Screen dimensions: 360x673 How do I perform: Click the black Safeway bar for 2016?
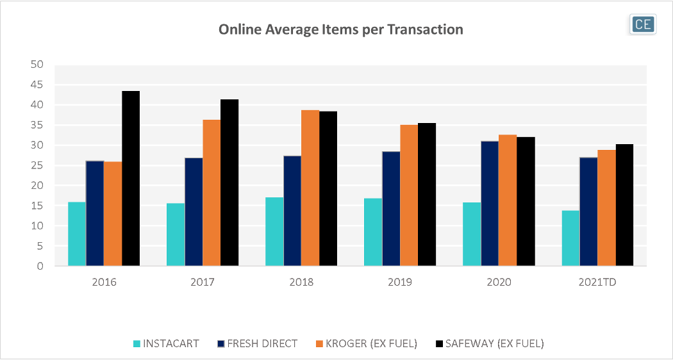pyautogui.click(x=131, y=179)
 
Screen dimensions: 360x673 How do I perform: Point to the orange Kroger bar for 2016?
pyautogui.click(x=113, y=214)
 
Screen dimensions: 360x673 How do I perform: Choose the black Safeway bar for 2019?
pyautogui.click(x=427, y=195)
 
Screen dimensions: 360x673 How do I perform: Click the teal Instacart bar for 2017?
pyautogui.click(x=176, y=234)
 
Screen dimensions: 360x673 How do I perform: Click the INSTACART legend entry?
pyautogui.click(x=165, y=343)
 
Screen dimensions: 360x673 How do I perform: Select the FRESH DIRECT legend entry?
pyautogui.click(x=257, y=343)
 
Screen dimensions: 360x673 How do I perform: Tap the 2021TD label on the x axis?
pyautogui.click(x=597, y=282)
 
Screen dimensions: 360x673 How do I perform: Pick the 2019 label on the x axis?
pyautogui.click(x=400, y=282)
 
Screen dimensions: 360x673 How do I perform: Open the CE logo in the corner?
pyautogui.click(x=642, y=24)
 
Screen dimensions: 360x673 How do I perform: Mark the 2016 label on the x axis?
pyautogui.click(x=104, y=282)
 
